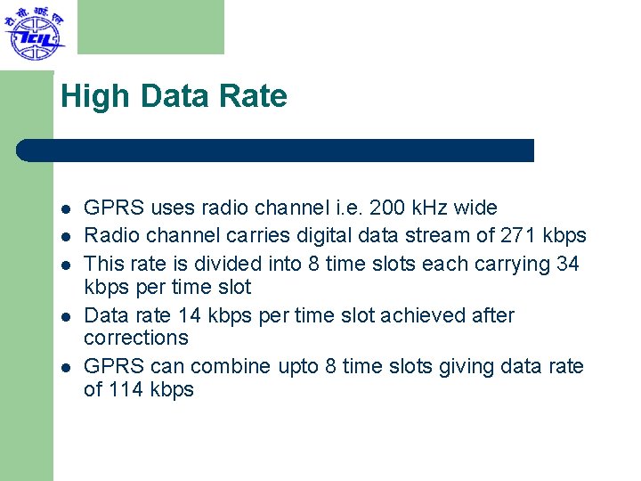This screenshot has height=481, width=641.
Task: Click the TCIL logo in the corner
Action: click(x=34, y=34)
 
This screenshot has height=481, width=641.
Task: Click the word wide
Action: click(x=475, y=208)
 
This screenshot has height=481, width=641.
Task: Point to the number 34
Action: click(x=567, y=264)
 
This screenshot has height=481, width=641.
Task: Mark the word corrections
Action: click(x=136, y=338)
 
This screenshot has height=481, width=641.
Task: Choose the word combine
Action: click(x=229, y=366)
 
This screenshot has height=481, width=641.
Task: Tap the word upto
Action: click(x=296, y=367)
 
